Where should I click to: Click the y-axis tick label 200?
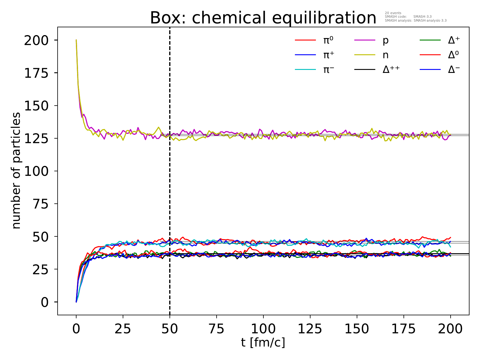click(36, 40)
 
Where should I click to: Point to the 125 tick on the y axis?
click(36, 139)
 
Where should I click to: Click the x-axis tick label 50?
click(170, 329)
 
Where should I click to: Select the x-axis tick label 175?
click(403, 329)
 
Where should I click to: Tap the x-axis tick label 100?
click(263, 329)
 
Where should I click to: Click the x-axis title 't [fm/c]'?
click(263, 342)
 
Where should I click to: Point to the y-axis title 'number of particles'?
click(16, 171)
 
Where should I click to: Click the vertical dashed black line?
click(170, 180)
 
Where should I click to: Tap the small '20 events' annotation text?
click(393, 13)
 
